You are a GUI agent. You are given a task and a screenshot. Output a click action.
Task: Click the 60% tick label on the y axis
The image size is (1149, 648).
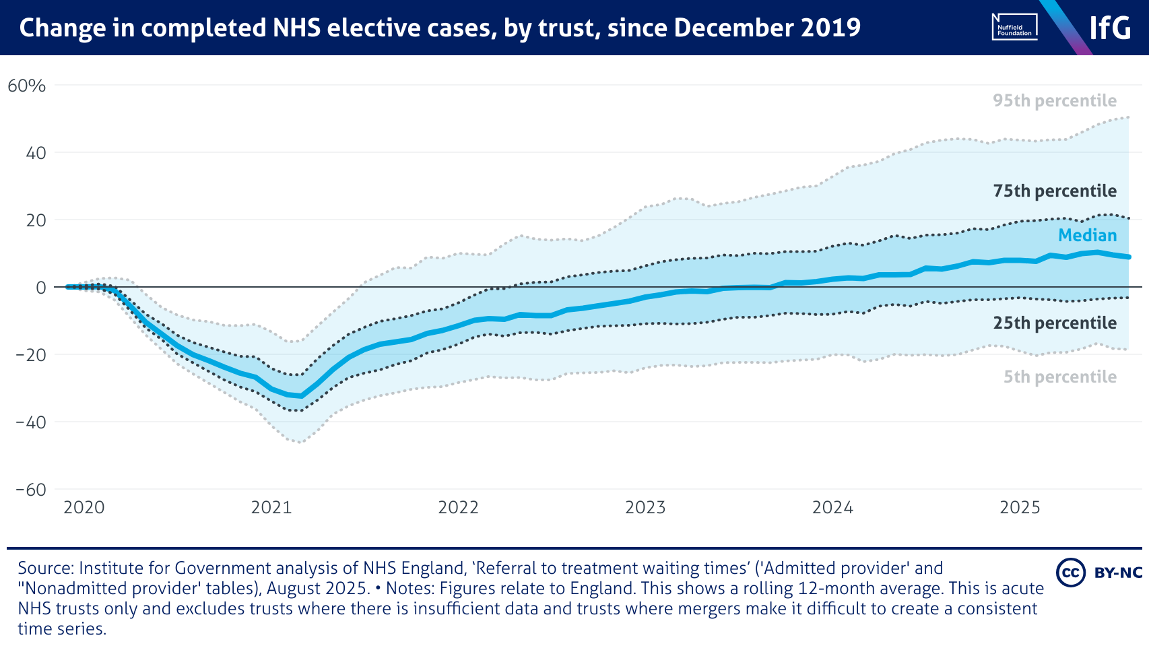(x=27, y=86)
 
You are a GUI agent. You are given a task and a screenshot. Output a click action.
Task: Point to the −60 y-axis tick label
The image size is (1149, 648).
(x=31, y=490)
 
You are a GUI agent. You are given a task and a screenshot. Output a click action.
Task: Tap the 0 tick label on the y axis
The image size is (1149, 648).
(x=41, y=288)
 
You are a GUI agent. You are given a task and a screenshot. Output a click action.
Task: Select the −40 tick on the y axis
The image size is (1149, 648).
(x=31, y=422)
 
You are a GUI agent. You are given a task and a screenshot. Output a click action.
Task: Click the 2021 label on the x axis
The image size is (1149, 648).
(x=271, y=507)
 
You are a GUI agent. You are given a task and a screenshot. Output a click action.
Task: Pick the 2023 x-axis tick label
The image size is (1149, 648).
(x=645, y=507)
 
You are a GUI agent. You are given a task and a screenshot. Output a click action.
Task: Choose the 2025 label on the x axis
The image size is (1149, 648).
(x=1020, y=507)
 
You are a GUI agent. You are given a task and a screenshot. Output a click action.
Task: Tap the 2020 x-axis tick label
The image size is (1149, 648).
(x=84, y=507)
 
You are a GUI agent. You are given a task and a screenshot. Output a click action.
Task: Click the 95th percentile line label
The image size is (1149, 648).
(x=1055, y=101)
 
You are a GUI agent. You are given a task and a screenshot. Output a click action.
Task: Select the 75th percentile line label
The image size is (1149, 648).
(x=1055, y=191)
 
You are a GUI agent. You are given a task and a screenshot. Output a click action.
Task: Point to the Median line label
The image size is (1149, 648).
(x=1087, y=235)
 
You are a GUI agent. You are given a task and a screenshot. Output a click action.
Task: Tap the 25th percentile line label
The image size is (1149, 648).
(x=1055, y=323)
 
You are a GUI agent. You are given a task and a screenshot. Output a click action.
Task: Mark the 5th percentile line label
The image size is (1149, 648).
(x=1060, y=377)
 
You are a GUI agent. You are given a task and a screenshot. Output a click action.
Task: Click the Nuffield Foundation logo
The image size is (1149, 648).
(x=1014, y=27)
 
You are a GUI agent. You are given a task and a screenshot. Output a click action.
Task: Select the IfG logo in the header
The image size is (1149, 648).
(x=1110, y=28)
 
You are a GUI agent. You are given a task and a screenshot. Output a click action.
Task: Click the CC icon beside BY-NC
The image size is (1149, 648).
(x=1070, y=573)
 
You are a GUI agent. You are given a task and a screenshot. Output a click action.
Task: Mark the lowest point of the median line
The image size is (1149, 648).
(x=300, y=396)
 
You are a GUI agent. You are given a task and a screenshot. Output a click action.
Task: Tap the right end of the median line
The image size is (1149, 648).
(x=1129, y=257)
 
